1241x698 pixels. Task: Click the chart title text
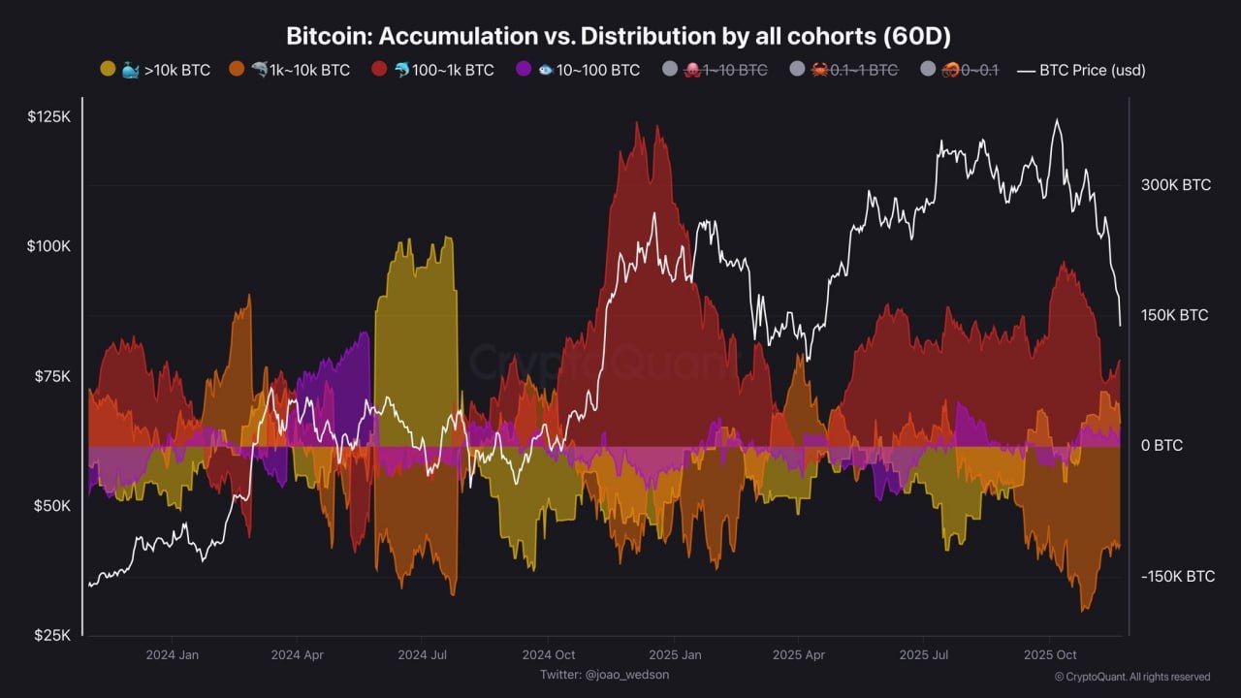619,37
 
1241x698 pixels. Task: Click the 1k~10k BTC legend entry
289,70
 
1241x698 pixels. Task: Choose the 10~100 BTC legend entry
578,70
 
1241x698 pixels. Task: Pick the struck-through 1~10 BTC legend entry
715,70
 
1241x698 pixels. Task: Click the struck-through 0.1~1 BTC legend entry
843,70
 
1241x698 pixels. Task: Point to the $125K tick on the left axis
48,116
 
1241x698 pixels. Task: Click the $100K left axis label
48,246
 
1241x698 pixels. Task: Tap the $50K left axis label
50,506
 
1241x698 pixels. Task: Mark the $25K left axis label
50,636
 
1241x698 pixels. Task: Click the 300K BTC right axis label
1176,185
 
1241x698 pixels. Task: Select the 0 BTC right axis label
1161,446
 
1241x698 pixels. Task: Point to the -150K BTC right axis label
1178,577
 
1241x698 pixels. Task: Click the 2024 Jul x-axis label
423,655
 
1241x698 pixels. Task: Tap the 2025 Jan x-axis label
675,655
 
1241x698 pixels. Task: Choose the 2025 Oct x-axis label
1051,655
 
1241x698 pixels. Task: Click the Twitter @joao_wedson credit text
604,675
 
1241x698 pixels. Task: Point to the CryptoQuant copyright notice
1131,677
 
